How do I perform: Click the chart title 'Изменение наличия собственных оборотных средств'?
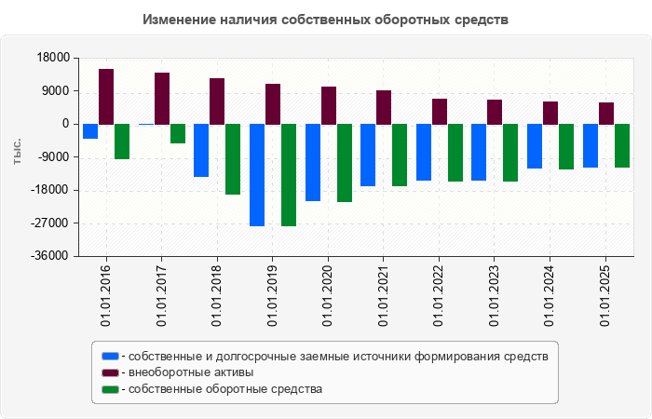click(x=326, y=20)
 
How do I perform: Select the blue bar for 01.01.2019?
click(x=257, y=175)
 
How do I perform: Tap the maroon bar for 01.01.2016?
click(x=106, y=96)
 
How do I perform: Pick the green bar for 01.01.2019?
click(x=289, y=175)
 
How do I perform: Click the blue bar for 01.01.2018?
click(x=201, y=150)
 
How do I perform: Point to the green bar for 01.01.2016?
click(x=122, y=142)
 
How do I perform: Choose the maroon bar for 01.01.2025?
click(x=606, y=113)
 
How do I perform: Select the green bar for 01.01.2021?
click(x=400, y=155)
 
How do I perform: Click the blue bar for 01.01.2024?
click(x=535, y=146)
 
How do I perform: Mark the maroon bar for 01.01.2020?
click(x=329, y=105)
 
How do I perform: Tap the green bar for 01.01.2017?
click(x=178, y=133)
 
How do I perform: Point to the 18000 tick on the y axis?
click(x=59, y=58)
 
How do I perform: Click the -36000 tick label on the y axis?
click(x=55, y=256)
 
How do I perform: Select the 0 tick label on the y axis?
click(x=65, y=124)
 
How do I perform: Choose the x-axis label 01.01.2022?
click(x=439, y=294)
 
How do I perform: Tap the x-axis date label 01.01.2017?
click(x=161, y=294)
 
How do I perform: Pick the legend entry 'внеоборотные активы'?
click(x=191, y=372)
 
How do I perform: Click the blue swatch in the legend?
click(x=110, y=356)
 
